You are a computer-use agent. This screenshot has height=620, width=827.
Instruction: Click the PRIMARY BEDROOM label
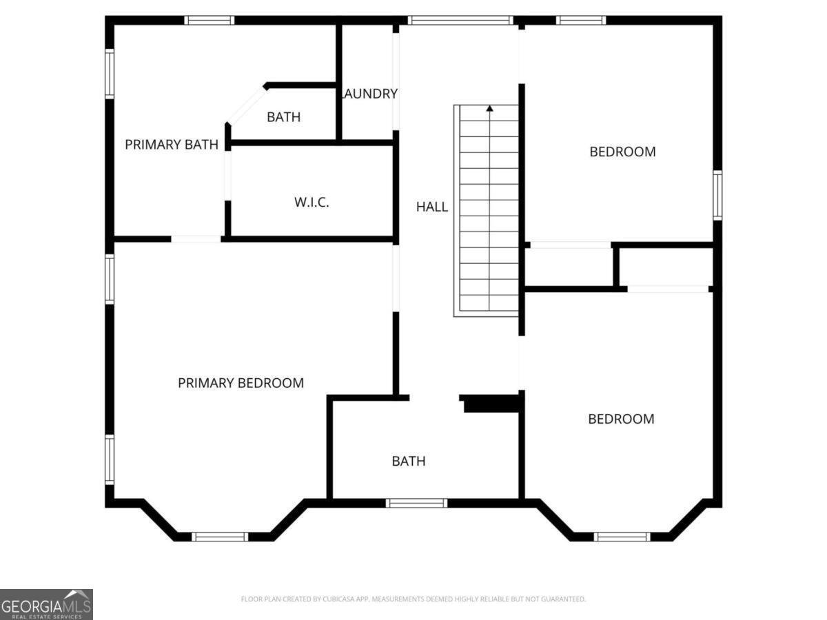241,383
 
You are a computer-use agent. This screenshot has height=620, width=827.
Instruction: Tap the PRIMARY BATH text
172,145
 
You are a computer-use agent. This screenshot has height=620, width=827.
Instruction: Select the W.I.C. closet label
312,203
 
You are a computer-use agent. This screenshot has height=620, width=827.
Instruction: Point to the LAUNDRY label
371,94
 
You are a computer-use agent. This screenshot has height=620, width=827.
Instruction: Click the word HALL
432,207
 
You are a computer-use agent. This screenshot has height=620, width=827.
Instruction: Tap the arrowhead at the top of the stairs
489,108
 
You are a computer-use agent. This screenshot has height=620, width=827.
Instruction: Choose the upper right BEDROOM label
622,152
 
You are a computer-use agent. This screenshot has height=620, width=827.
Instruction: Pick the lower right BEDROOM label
621,419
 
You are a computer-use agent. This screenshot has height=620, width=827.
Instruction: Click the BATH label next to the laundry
283,117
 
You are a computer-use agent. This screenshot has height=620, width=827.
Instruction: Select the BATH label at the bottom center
409,462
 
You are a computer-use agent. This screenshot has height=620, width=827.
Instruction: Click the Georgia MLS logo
46,604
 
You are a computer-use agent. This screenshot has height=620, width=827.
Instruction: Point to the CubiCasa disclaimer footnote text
413,599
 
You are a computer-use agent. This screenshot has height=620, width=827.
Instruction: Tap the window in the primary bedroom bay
219,537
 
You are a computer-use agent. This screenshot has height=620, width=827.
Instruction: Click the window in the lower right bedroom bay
622,537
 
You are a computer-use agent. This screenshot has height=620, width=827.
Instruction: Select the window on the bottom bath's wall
416,503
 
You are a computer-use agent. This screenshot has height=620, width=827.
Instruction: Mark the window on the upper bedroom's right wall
717,196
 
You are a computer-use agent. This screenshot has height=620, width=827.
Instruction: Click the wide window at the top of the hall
460,20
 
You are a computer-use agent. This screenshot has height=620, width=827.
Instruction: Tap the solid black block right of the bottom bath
491,404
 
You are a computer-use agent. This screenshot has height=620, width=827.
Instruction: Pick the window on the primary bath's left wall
109,72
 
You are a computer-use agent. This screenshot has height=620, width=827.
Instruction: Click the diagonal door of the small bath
246,105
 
